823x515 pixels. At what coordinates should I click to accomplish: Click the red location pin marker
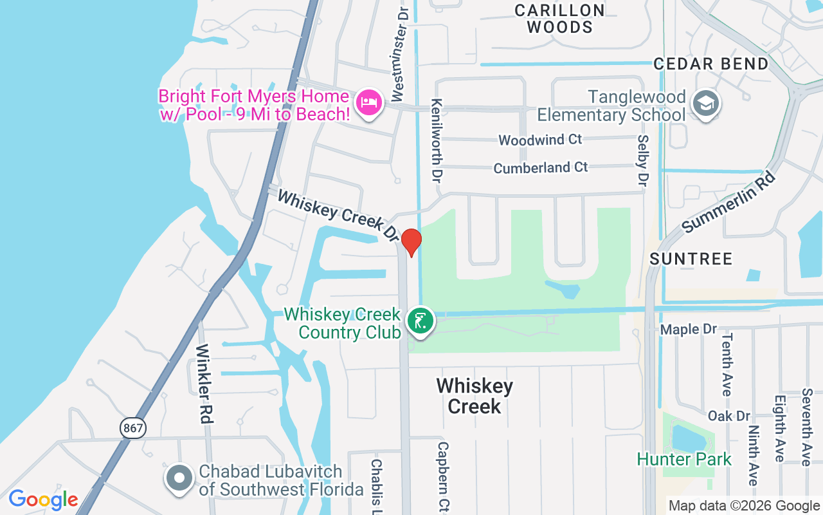point(411,241)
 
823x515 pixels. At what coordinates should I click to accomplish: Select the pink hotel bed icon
point(368,102)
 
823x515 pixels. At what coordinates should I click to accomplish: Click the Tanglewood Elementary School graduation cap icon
point(706,103)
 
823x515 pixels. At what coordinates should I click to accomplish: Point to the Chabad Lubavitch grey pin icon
point(179,479)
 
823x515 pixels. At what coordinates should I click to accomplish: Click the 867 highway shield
point(132,427)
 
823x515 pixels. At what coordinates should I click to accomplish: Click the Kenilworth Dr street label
point(437,141)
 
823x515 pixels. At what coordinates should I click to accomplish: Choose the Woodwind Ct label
point(540,140)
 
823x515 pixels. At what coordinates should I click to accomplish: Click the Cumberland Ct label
point(540,167)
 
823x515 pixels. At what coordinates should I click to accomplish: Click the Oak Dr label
point(729,416)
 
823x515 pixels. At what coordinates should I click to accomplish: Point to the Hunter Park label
point(684,459)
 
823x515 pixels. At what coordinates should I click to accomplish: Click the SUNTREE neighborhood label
point(691,259)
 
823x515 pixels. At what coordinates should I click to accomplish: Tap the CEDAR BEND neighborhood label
point(711,64)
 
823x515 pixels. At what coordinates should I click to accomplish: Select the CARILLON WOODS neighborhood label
point(559,19)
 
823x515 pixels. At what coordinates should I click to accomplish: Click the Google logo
point(43,500)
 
